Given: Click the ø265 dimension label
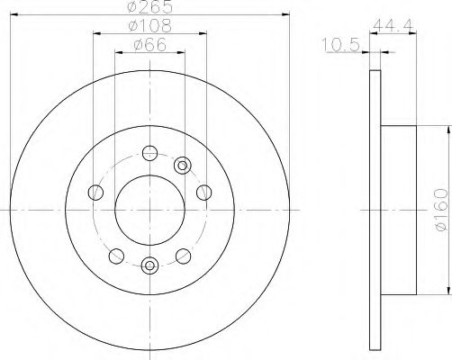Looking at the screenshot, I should click(x=150, y=8).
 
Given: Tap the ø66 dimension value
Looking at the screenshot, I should click(x=149, y=46).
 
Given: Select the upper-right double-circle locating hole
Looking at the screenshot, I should click(x=183, y=164).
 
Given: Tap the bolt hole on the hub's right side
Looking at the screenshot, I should click(x=203, y=191).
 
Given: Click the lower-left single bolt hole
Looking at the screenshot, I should click(x=114, y=256).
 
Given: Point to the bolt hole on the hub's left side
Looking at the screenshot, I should click(x=95, y=191).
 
